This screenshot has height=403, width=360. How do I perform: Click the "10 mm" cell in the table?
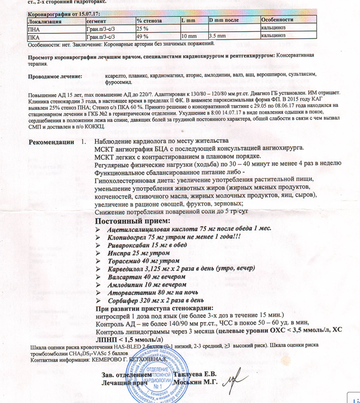coord(188,36)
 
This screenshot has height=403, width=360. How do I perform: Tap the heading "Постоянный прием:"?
coord(133,220)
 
